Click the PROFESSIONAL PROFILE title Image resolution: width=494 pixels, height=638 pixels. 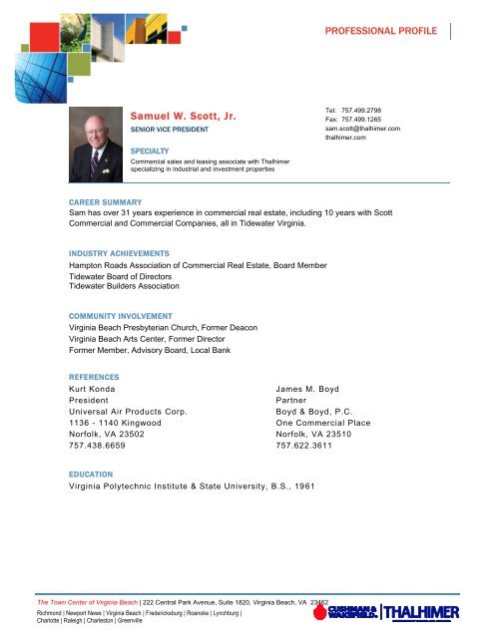coord(380,31)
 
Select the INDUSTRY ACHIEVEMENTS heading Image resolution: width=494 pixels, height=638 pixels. coord(112,254)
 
